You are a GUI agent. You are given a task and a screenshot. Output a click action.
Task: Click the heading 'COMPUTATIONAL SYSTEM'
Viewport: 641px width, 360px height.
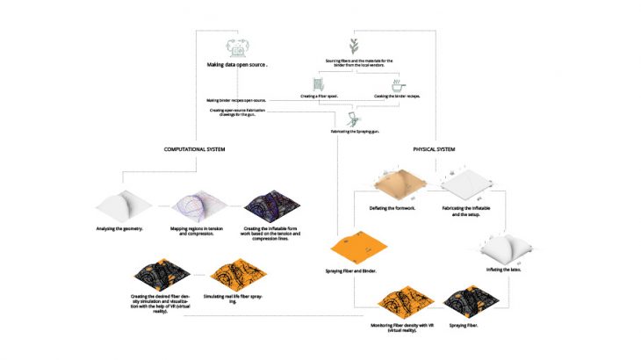pyautogui.click(x=195, y=150)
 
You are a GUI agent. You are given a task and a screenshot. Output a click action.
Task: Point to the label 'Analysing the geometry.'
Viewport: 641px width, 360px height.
pyautogui.click(x=126, y=230)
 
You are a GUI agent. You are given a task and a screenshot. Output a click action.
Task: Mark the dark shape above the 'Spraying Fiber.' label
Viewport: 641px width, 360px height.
pyautogui.click(x=469, y=303)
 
